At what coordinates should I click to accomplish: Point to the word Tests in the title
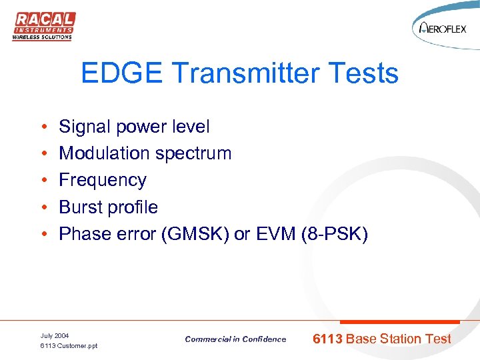tap(367, 73)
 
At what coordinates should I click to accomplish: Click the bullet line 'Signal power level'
tap(134, 127)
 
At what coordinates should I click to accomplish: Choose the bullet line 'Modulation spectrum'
tap(145, 153)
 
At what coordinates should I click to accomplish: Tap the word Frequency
tap(103, 180)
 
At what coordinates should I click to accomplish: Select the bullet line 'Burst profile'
tap(109, 207)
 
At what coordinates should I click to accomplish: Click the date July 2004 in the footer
tap(55, 335)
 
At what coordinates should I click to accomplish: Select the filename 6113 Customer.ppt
tap(69, 346)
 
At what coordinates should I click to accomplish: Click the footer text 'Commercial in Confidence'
tap(235, 339)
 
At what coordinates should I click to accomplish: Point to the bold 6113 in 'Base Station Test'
tap(328, 339)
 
